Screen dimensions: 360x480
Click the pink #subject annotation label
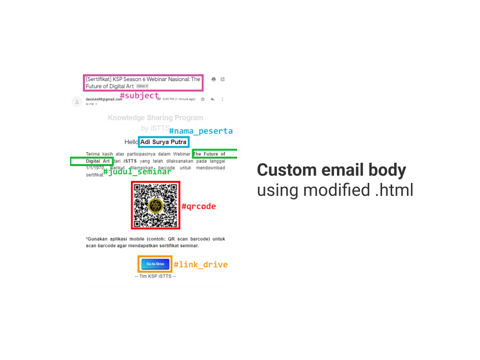[139, 96]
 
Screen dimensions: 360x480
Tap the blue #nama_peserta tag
[201, 131]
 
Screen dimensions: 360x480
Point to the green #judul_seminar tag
[137, 171]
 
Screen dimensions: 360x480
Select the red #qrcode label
[199, 206]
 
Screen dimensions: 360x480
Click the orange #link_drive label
[201, 264]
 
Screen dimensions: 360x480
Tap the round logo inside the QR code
[156, 205]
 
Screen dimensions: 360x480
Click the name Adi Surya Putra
[163, 142]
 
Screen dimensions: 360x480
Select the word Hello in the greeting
[131, 142]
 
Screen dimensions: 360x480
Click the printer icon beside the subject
[214, 79]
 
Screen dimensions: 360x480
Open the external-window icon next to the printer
[223, 79]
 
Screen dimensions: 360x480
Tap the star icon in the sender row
[203, 99]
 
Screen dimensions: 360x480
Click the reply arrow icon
[213, 99]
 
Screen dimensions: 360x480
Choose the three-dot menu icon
[223, 99]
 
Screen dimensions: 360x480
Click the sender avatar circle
[77, 101]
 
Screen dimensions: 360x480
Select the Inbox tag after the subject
[142, 86]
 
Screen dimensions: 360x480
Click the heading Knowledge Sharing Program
[155, 118]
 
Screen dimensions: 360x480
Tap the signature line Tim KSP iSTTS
[155, 276]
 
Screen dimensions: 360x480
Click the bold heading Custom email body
[331, 170]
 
